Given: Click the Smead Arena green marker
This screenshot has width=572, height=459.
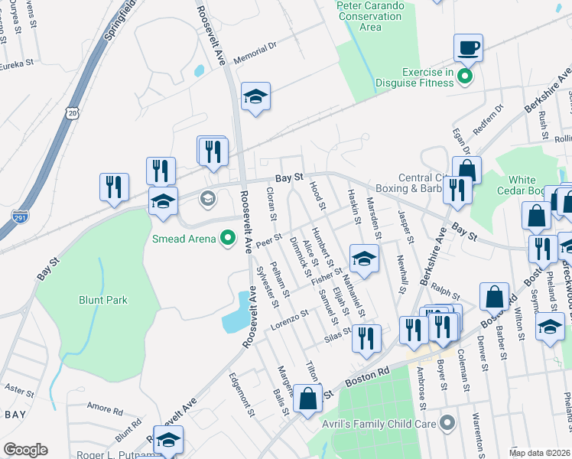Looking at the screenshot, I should pyautogui.click(x=227, y=239).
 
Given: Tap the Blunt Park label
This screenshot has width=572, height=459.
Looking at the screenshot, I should pyautogui.click(x=103, y=301).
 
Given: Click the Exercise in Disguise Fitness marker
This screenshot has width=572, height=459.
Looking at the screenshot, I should pyautogui.click(x=464, y=76).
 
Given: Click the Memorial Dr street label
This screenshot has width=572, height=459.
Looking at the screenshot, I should pyautogui.click(x=255, y=55).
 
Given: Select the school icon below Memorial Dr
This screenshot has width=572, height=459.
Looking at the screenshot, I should pyautogui.click(x=255, y=97).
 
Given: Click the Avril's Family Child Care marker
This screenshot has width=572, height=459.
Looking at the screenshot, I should pyautogui.click(x=447, y=423).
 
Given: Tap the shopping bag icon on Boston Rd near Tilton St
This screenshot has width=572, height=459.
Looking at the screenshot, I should pyautogui.click(x=307, y=399).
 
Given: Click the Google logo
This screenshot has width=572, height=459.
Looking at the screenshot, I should pyautogui.click(x=25, y=449).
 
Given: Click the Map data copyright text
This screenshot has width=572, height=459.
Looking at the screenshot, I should pyautogui.click(x=540, y=453).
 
